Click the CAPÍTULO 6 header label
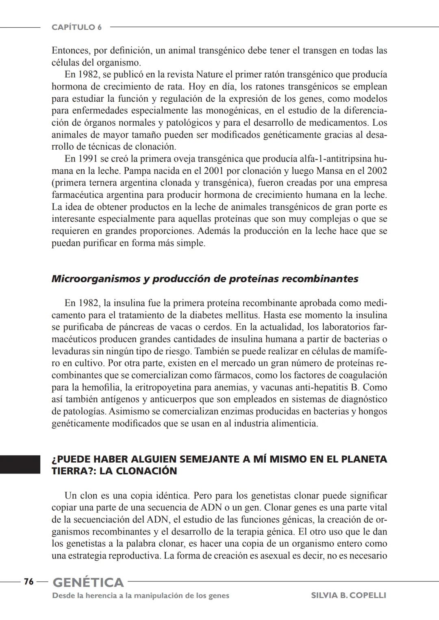(76, 27)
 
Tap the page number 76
(28, 582)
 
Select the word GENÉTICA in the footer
(88, 583)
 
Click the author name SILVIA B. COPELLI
(348, 596)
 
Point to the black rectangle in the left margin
(20, 465)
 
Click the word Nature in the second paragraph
(209, 75)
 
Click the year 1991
(87, 159)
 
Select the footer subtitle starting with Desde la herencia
(141, 596)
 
